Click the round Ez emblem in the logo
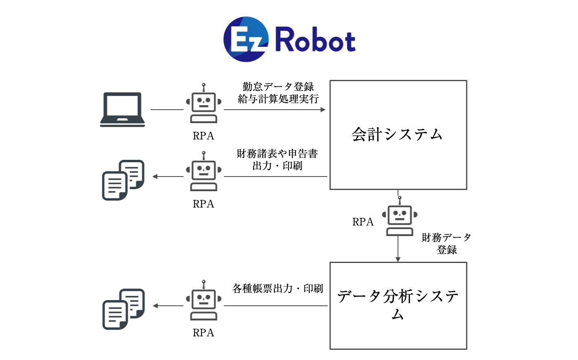[246, 39]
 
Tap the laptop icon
[123, 109]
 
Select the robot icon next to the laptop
[203, 104]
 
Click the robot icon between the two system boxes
[399, 216]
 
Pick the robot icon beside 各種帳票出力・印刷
[203, 300]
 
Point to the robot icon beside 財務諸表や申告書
[203, 171]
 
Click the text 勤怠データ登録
[278, 87]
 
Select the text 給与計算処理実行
[278, 99]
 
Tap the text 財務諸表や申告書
[277, 154]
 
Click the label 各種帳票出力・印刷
[278, 289]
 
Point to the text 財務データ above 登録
[446, 238]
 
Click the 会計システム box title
[397, 135]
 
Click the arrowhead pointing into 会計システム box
[323, 110]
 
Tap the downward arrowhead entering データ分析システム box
[398, 260]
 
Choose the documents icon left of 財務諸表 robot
[123, 180]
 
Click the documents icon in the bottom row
[124, 309]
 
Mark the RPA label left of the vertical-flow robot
[363, 222]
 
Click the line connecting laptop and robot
[167, 110]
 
